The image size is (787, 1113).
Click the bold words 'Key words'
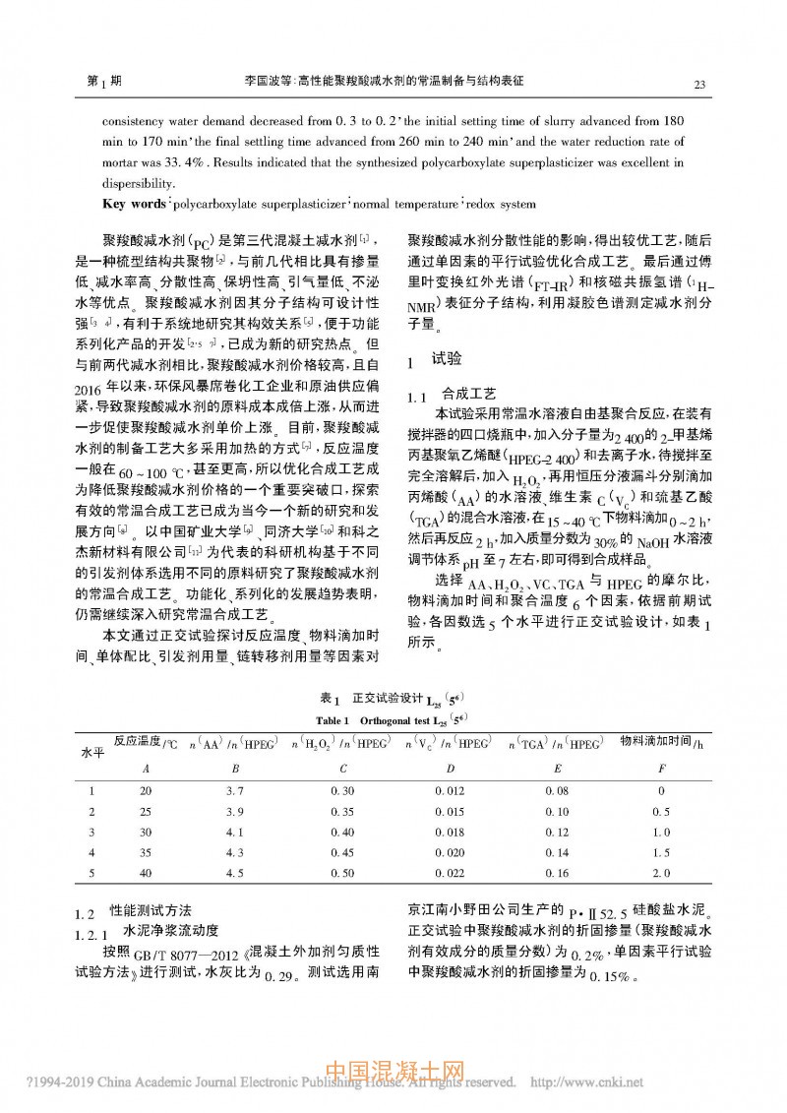pyautogui.click(x=135, y=205)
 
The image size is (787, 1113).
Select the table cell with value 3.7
pyautogui.click(x=234, y=791)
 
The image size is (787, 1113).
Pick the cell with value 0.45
pyautogui.click(x=342, y=852)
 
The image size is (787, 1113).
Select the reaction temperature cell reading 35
pyautogui.click(x=146, y=852)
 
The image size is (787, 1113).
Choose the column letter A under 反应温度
pyautogui.click(x=146, y=768)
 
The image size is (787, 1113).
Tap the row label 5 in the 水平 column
pyautogui.click(x=91, y=873)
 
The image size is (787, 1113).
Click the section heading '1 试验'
pyautogui.click(x=435, y=361)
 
